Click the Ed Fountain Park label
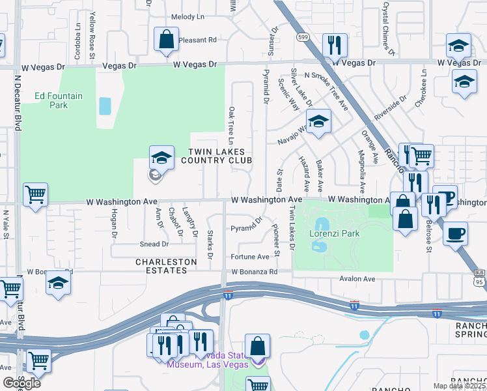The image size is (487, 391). pos(59,100)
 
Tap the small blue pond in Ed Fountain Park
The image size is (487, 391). pos(104,106)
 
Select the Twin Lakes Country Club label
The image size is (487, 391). pos(219,156)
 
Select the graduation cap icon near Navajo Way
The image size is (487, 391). pos(318,122)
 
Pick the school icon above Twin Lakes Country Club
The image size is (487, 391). pos(161,157)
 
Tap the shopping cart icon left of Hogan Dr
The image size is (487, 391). pos(35,194)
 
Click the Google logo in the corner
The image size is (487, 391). pos(21,383)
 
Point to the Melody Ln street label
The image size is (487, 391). pos(188,17)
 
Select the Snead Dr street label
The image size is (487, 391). pos(154,244)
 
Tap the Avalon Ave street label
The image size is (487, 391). pos(357,279)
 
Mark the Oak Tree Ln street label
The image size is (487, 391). pos(231,126)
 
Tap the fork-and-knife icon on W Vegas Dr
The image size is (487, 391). pos(335,45)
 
